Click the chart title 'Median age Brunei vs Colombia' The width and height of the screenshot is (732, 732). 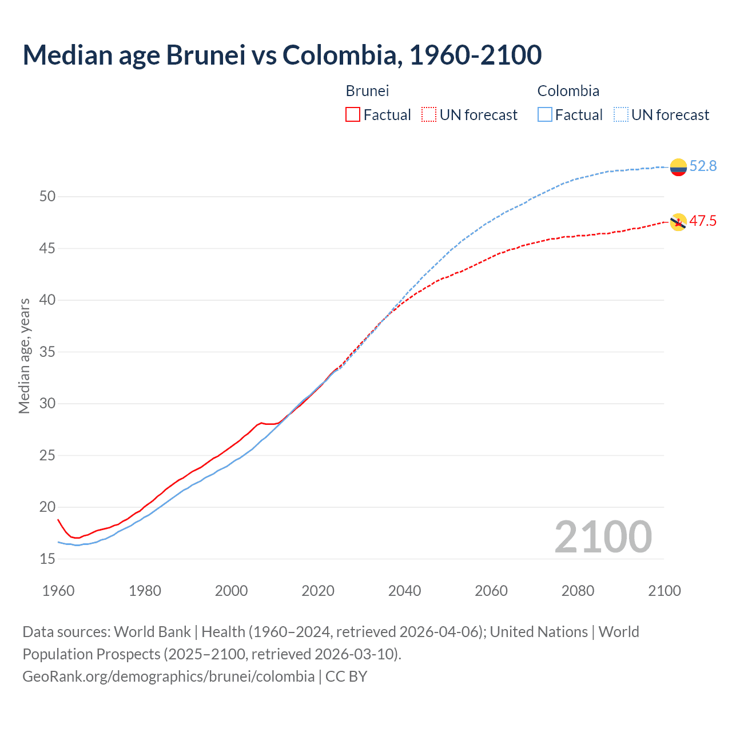coord(282,55)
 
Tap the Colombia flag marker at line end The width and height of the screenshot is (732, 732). coord(678,167)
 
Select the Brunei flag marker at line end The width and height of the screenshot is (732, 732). coord(678,222)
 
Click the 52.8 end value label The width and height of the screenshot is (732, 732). coord(703,166)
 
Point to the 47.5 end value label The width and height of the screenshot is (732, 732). coord(703,221)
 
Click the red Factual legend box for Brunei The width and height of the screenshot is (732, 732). coord(353,115)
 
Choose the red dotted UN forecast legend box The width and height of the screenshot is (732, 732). coord(429,115)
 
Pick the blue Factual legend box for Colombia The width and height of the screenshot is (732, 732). coord(545,115)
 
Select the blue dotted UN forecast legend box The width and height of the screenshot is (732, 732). coord(621,115)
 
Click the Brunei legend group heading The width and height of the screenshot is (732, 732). coord(367,91)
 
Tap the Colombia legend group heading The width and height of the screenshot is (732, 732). coord(568,91)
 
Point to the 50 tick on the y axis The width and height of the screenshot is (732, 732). coord(47,197)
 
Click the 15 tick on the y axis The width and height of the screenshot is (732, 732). coord(47,559)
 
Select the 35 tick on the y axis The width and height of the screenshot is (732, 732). coord(47,352)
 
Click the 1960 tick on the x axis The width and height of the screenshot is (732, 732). coord(58,591)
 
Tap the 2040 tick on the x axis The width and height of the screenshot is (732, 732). coord(404,591)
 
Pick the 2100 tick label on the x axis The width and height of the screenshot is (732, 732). coord(665,591)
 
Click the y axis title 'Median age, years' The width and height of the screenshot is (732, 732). coord(24,356)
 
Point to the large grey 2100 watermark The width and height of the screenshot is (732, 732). coord(603,537)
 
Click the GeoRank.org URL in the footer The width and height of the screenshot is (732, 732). coord(168,677)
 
